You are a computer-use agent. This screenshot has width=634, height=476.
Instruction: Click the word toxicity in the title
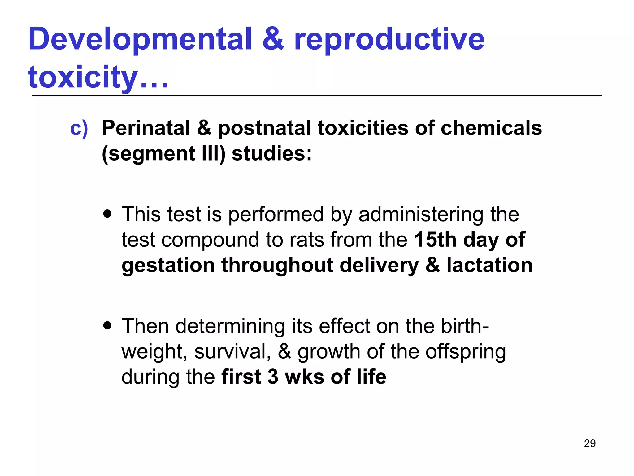coord(83,77)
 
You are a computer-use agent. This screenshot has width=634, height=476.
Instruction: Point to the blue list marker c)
coord(79,128)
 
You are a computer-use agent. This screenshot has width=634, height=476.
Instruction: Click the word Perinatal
coord(146,128)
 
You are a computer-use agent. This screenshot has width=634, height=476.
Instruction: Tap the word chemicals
coord(491,128)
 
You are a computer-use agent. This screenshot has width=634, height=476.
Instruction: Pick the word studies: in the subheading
coord(271,154)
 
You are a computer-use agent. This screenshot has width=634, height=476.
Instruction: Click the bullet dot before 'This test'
coord(107,214)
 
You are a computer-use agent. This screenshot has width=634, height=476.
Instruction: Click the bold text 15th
coord(435,240)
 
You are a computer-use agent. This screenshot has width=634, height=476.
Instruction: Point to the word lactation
coord(489,266)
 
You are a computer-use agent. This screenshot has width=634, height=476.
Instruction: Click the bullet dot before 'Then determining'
coord(107,326)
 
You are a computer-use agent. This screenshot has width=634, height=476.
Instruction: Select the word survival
coord(232,352)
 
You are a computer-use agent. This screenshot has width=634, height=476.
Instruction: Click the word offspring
coord(466,352)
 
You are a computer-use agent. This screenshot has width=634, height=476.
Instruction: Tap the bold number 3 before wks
coord(273,377)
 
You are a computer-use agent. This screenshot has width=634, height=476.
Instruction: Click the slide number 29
coord(590,443)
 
